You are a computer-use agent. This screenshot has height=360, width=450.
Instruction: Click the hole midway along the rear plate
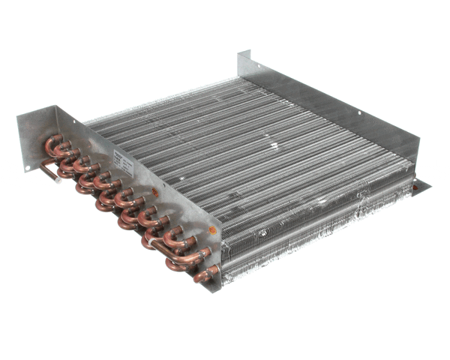[x=358, y=113]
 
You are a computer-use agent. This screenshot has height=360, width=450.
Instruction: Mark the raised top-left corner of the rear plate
[x=241, y=53]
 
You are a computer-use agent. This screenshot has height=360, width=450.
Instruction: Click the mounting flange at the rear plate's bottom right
[x=422, y=183]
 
